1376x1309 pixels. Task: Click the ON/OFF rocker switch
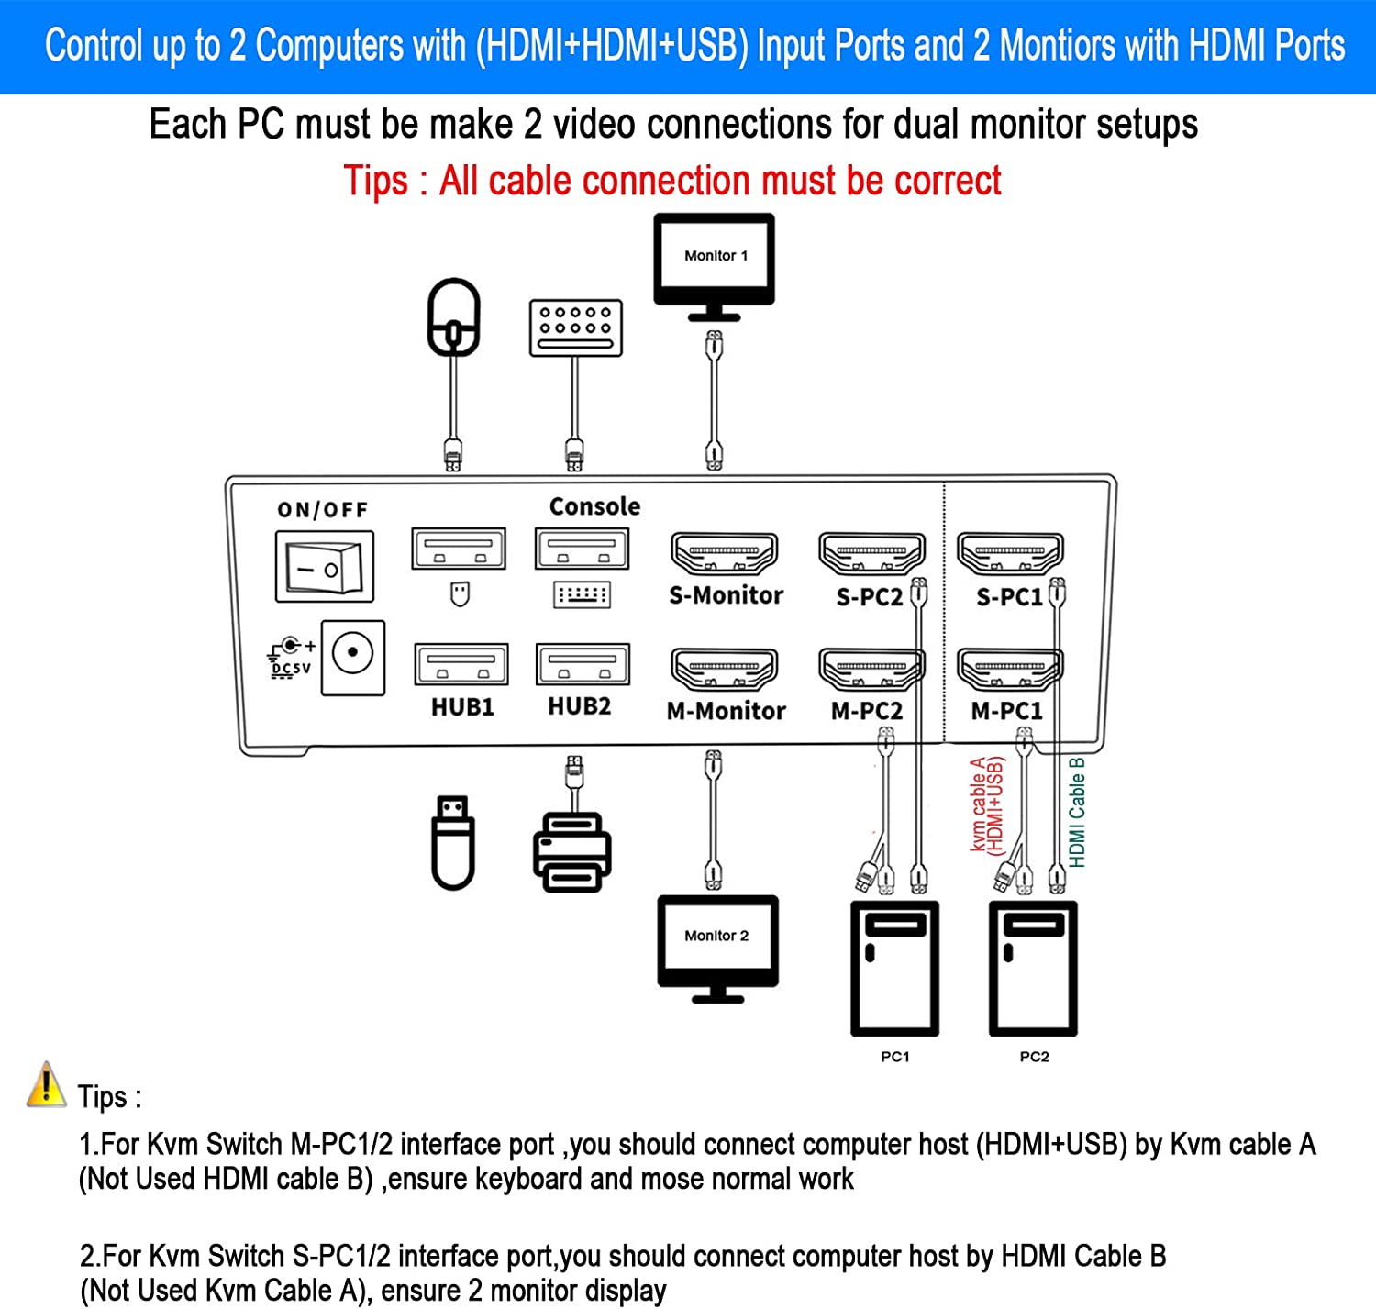[324, 566]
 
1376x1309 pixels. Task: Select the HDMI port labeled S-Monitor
[725, 554]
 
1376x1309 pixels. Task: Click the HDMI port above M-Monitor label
[725, 669]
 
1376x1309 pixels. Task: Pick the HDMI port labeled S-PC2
[871, 554]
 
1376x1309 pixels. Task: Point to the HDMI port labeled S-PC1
[1009, 554]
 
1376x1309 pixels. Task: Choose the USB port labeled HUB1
[461, 665]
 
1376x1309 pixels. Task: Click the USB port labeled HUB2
[583, 665]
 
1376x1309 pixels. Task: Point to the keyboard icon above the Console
[575, 327]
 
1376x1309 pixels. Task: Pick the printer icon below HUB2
[572, 852]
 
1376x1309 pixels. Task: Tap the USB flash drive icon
[453, 842]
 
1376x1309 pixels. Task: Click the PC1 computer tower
[894, 969]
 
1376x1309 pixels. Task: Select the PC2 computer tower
[1033, 969]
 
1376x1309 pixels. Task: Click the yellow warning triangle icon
[46, 1085]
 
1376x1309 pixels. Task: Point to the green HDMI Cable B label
[1077, 812]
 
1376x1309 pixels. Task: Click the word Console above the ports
[594, 506]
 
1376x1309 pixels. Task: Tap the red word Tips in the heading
[375, 181]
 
